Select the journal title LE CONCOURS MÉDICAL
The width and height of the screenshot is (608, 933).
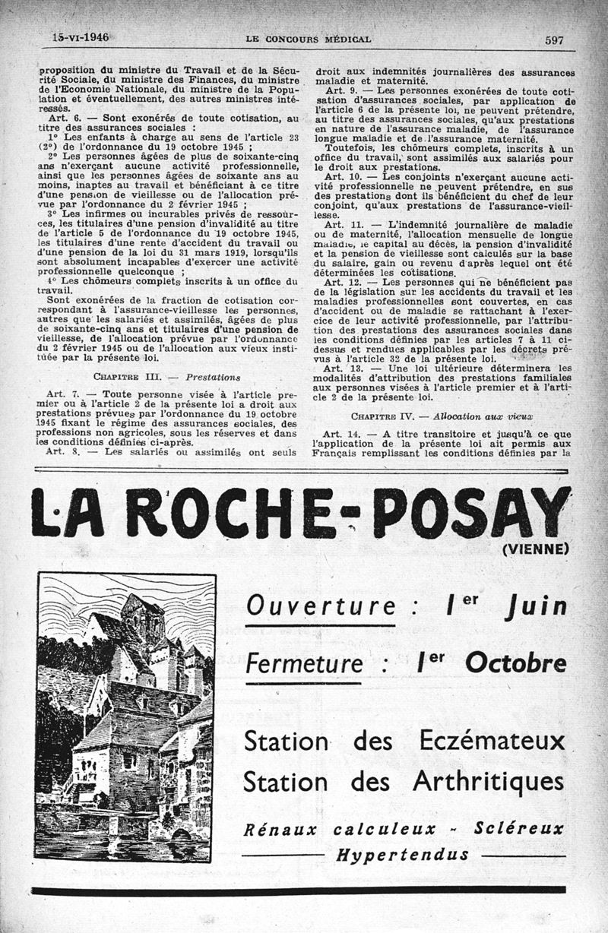click(308, 39)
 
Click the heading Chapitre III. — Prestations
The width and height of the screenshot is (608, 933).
click(166, 376)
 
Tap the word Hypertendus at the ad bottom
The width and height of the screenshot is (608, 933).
click(402, 854)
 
